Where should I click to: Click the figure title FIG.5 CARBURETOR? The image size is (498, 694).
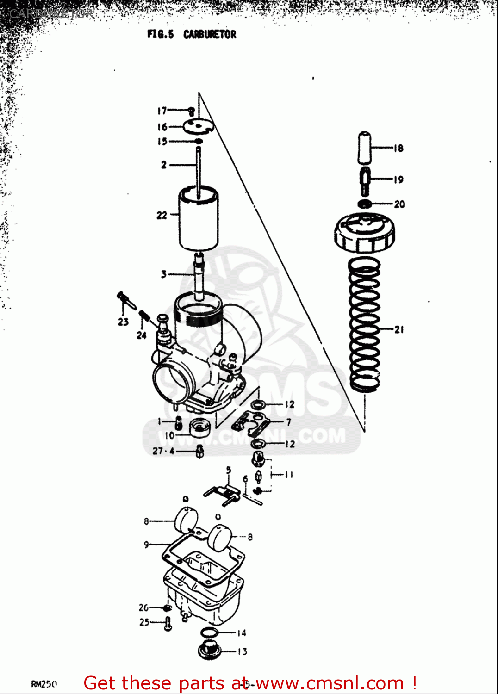click(x=192, y=35)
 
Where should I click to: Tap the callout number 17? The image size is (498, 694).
click(x=162, y=111)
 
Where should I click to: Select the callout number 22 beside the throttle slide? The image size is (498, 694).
click(x=162, y=215)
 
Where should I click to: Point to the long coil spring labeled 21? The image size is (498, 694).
click(x=364, y=324)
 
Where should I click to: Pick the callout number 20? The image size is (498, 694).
click(x=399, y=204)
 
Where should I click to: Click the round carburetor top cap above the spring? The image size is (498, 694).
click(x=364, y=233)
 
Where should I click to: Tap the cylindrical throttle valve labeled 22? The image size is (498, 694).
click(x=199, y=220)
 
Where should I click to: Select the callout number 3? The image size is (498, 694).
click(x=163, y=274)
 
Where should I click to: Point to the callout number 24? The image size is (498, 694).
click(x=142, y=335)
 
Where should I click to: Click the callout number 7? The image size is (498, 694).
click(x=289, y=422)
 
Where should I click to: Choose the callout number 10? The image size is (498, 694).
click(x=169, y=435)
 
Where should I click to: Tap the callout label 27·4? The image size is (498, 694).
click(x=163, y=451)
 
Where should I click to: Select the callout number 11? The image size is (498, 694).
click(x=289, y=475)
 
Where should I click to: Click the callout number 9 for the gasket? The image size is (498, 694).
click(x=146, y=545)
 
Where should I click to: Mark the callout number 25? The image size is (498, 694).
click(x=144, y=622)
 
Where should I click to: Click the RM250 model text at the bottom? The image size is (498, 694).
click(x=44, y=684)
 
